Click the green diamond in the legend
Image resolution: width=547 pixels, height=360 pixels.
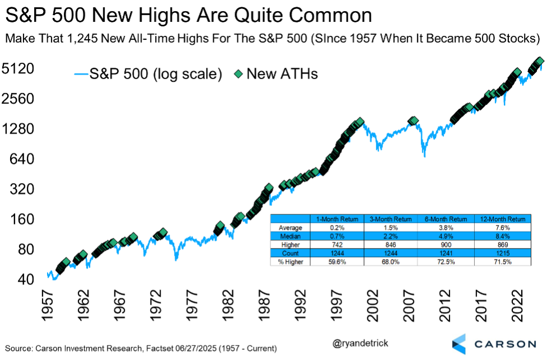click(x=238, y=74)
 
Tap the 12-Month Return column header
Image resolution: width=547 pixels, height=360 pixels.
click(x=502, y=219)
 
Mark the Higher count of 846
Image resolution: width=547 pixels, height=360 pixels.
click(x=391, y=245)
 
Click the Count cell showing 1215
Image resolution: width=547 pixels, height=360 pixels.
click(x=502, y=253)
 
